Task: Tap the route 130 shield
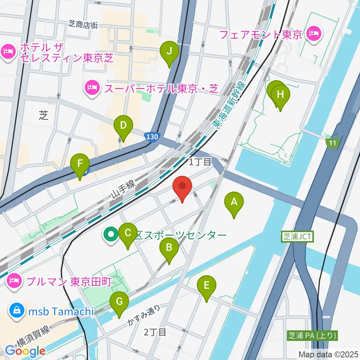(153, 137)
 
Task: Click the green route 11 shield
(332, 142)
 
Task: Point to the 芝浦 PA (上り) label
(313, 335)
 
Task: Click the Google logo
(25, 351)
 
